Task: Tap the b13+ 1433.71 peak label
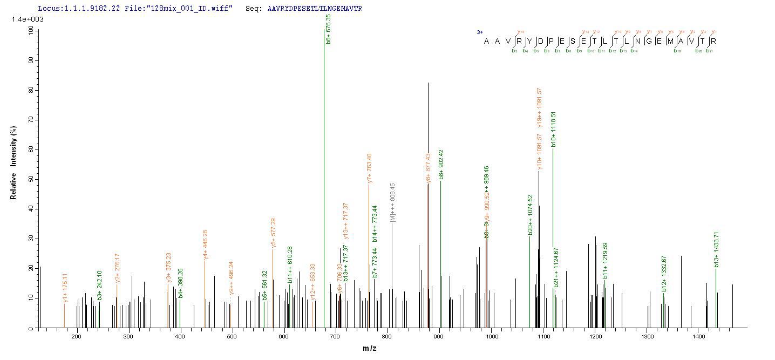pos(717,250)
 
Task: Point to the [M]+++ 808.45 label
pos(393,204)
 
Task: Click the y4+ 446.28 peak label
pos(206,245)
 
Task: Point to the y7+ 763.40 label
pos(370,168)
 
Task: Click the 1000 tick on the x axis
pos(491,337)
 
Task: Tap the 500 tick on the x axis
pos(232,337)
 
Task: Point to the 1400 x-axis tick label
pos(699,337)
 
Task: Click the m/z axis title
pos(370,348)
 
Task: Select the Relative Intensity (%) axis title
pos(13,164)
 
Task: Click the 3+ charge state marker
pos(479,32)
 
